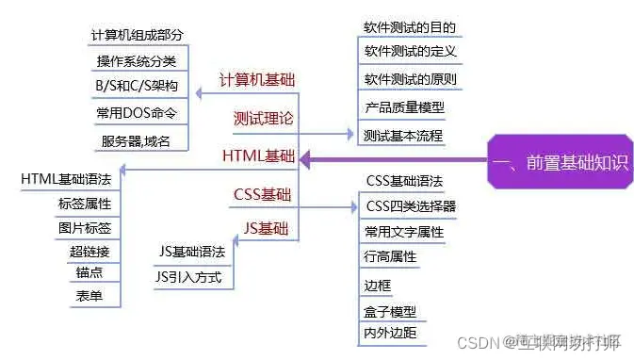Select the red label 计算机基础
point(255,80)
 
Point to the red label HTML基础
point(259,155)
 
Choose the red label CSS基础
point(262,194)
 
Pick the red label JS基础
point(267,227)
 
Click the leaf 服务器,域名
point(135,141)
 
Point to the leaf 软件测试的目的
point(402,27)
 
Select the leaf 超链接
point(89,251)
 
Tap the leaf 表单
point(89,296)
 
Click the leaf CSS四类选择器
point(411,205)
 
